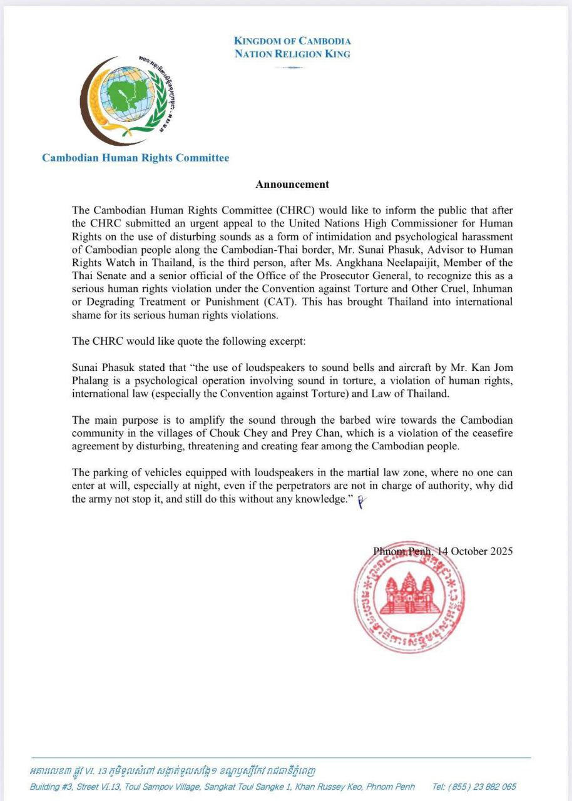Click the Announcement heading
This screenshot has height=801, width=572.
click(x=292, y=184)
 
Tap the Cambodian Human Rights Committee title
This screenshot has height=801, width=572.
click(x=135, y=158)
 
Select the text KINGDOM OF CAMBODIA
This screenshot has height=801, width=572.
click(x=292, y=41)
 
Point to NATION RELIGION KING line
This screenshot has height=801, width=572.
click(x=292, y=54)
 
